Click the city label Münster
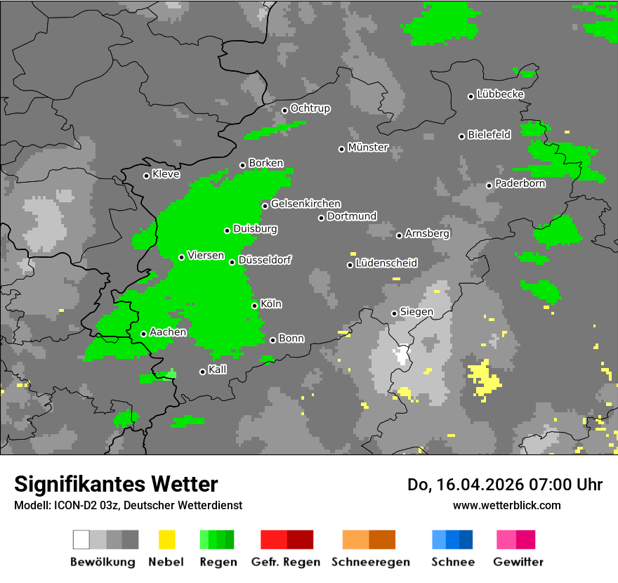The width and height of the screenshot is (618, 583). pyautogui.click(x=367, y=148)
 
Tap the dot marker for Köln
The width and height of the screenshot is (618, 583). pyautogui.click(x=254, y=306)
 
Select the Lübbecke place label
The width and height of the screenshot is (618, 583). pyautogui.click(x=500, y=94)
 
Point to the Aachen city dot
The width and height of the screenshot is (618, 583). pyautogui.click(x=143, y=334)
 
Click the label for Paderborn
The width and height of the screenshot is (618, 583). pyautogui.click(x=520, y=184)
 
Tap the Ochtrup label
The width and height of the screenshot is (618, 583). pyautogui.click(x=310, y=109)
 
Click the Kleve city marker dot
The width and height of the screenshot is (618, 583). pyautogui.click(x=146, y=176)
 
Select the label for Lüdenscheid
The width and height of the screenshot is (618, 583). pyautogui.click(x=386, y=263)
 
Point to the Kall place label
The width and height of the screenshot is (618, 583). pyautogui.click(x=217, y=369)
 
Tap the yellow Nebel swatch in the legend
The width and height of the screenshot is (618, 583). pyautogui.click(x=166, y=539)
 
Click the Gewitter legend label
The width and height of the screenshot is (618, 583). pyautogui.click(x=518, y=562)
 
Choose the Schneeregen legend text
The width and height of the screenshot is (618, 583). pyautogui.click(x=371, y=562)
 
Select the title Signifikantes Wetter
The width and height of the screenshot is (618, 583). pyautogui.click(x=116, y=484)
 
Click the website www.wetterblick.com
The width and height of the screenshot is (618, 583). pyautogui.click(x=506, y=505)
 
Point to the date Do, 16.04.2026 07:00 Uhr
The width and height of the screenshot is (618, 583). pyautogui.click(x=504, y=485)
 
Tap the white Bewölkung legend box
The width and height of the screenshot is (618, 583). pyautogui.click(x=81, y=539)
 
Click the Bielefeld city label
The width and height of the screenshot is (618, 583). pyautogui.click(x=489, y=135)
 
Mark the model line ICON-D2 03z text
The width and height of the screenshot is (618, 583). pyautogui.click(x=128, y=505)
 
